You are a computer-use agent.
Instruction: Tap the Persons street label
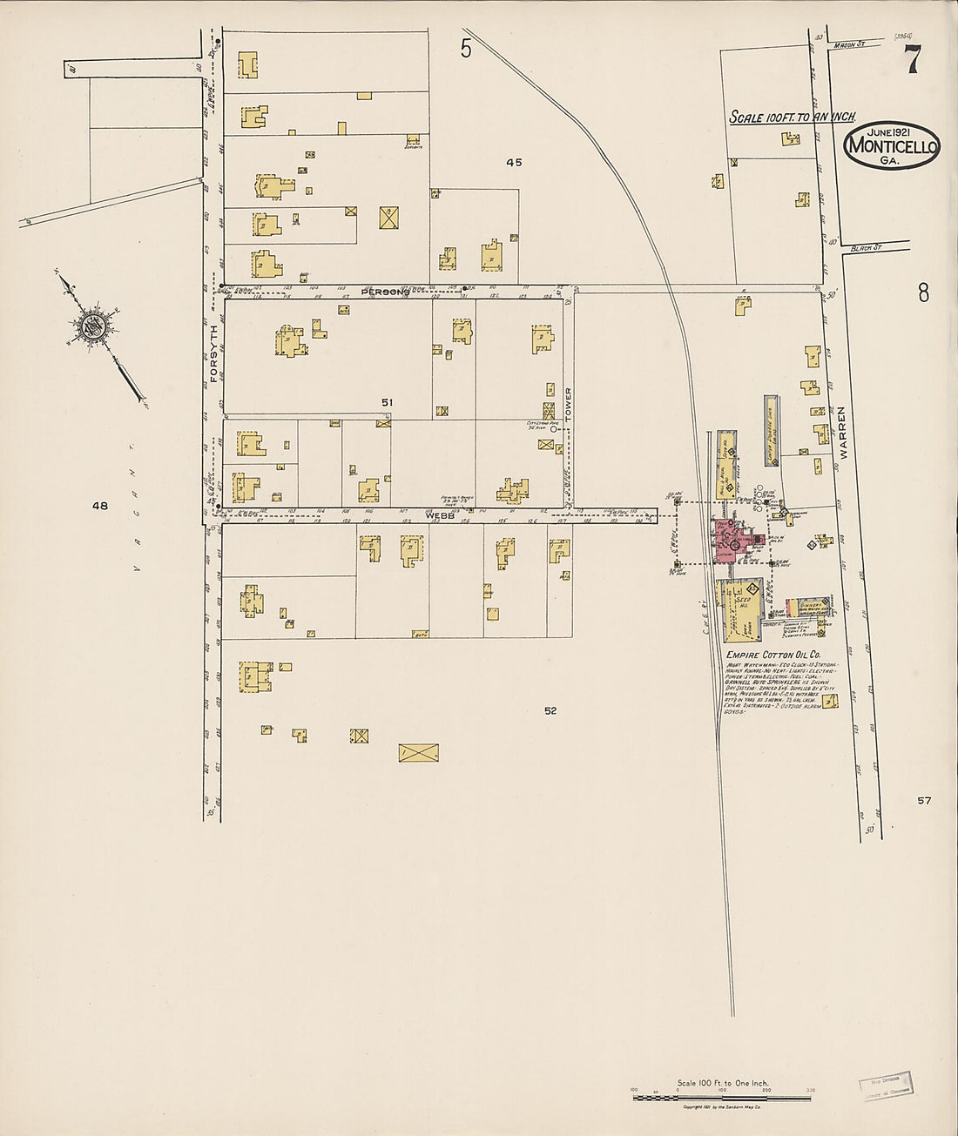[x=385, y=292]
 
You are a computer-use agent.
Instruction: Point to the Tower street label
[x=569, y=404]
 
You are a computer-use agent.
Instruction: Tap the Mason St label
[x=847, y=44]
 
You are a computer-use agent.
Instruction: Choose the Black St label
[x=866, y=248]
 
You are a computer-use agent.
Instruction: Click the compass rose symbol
[x=90, y=326]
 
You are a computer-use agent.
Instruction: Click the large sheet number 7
[x=912, y=59]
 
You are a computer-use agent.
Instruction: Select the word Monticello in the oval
[x=892, y=145]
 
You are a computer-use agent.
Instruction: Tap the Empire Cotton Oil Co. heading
[x=772, y=655]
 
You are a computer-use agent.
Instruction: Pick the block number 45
[x=514, y=162]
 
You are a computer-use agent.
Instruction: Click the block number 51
[x=388, y=402]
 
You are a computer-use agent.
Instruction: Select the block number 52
[x=550, y=710]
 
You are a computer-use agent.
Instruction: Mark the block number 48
[x=100, y=505]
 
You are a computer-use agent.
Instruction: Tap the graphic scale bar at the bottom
[x=723, y=1098]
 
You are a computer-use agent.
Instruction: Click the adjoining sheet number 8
[x=923, y=292]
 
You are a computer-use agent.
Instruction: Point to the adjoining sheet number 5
[x=466, y=49]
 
